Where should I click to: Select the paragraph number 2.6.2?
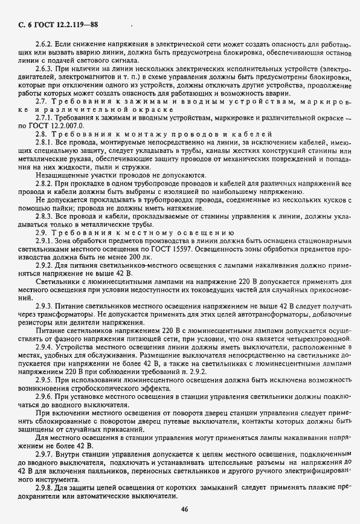tap(45, 45)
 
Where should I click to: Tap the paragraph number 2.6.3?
tap(45, 69)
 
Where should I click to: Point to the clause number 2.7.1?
tap(45, 117)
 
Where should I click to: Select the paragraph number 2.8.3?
tap(45, 215)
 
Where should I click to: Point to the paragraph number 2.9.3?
tap(45, 307)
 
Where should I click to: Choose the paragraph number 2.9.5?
tap(45, 379)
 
